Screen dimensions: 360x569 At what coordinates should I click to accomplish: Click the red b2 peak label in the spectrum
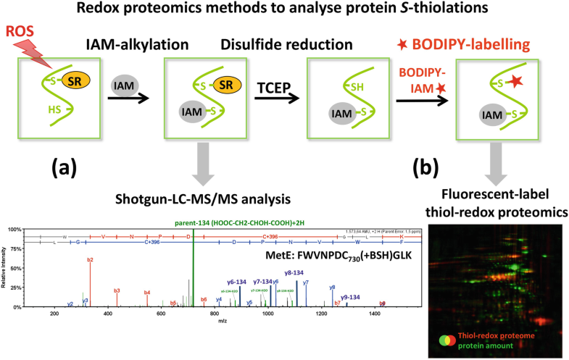pyautogui.click(x=90, y=258)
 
